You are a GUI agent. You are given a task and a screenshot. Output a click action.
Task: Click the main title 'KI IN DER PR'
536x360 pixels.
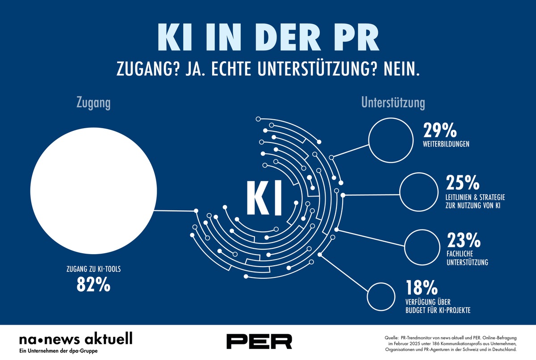point(268,39)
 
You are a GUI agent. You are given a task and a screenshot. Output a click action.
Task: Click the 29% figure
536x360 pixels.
point(440,130)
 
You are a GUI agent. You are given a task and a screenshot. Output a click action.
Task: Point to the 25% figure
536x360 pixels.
point(462,183)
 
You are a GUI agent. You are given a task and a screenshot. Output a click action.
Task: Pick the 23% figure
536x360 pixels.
point(463,242)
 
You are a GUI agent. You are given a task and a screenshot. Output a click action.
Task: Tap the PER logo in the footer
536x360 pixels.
point(259,341)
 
